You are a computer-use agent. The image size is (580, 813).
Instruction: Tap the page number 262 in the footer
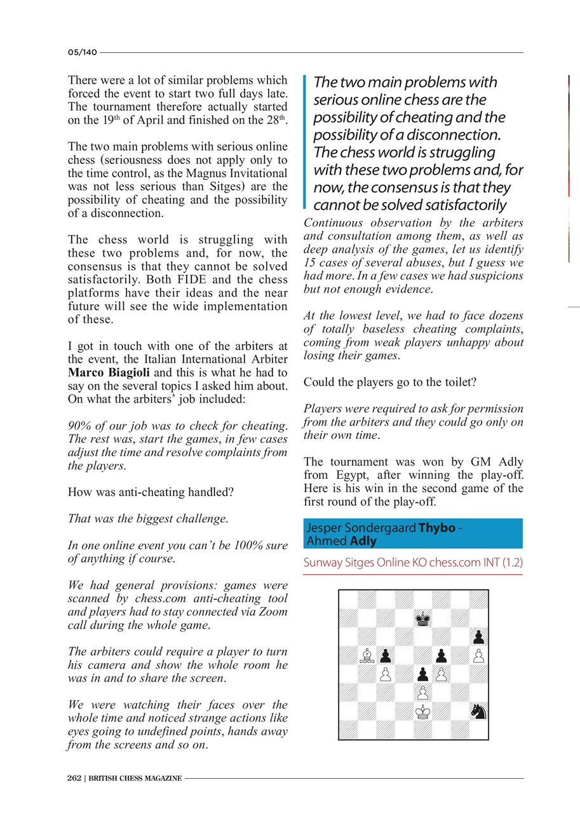tap(74, 778)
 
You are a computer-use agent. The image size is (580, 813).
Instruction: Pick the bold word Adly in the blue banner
tap(363, 541)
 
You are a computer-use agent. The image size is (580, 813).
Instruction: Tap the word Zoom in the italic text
tap(274, 612)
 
